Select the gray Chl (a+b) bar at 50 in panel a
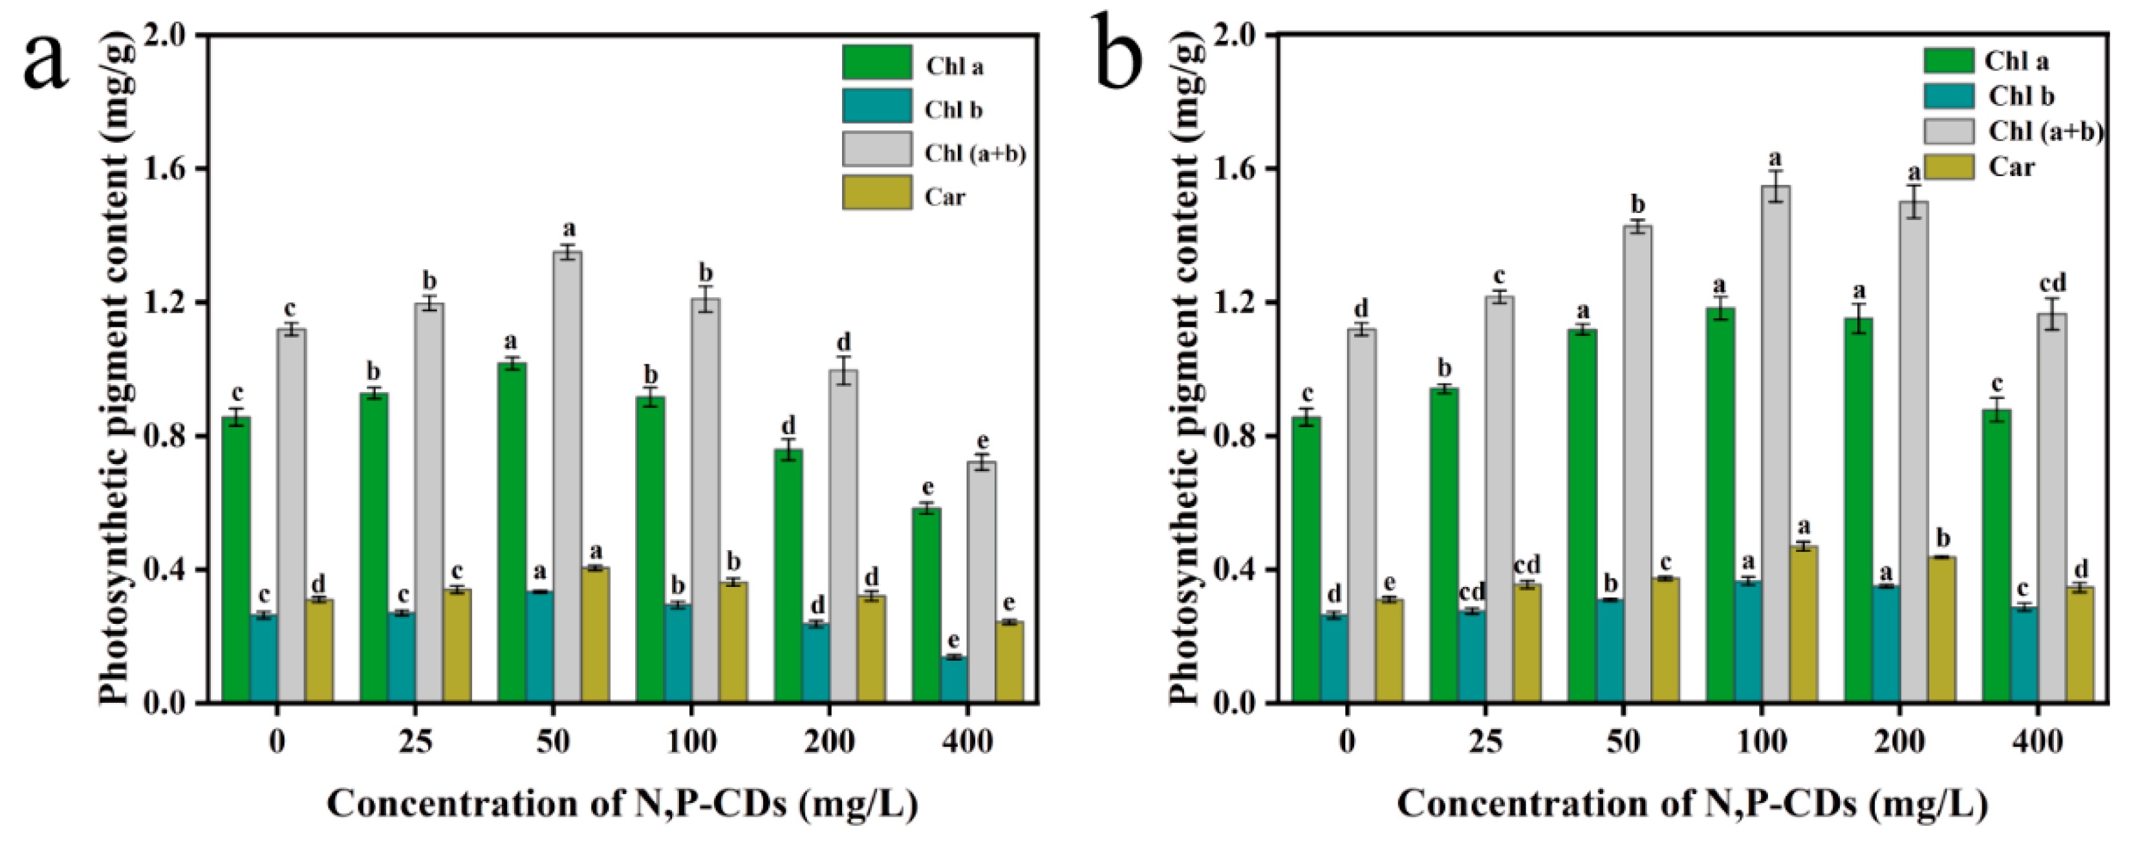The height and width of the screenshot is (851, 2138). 568,478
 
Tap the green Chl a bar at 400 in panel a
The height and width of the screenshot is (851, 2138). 926,606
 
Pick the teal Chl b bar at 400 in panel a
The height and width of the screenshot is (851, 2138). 955,680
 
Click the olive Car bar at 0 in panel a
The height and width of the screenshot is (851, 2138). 319,651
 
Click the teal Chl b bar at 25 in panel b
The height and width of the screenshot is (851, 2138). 1473,657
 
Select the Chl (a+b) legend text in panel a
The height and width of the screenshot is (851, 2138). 975,153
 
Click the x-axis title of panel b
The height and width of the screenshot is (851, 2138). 1693,804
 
